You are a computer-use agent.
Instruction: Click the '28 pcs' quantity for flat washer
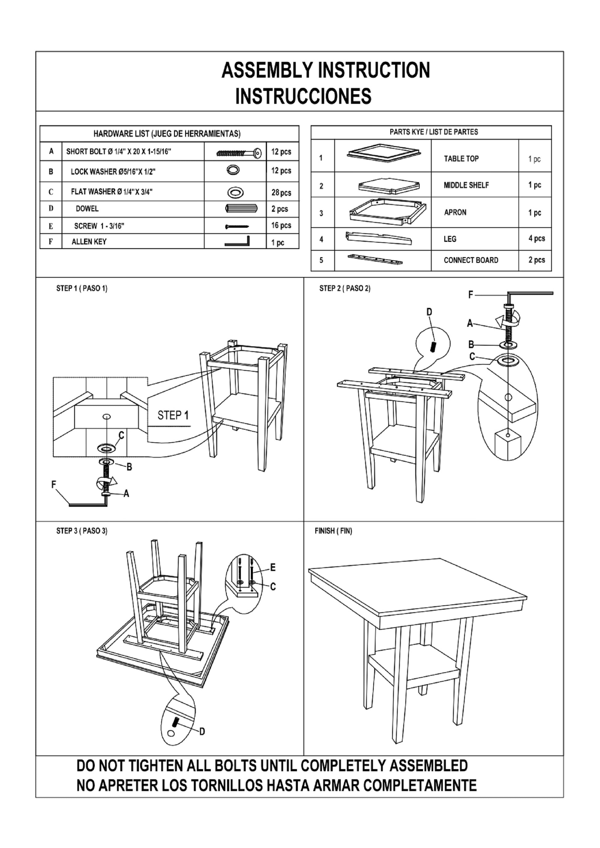pyautogui.click(x=281, y=192)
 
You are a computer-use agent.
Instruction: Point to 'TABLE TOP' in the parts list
pyautogui.click(x=461, y=159)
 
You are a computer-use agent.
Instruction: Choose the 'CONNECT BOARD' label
pyautogui.click(x=471, y=260)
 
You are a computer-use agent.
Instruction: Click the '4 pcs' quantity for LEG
pyautogui.click(x=536, y=238)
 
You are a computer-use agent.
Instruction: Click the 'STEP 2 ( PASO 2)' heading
pyautogui.click(x=344, y=289)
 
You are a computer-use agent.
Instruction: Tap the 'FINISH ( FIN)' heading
pyautogui.click(x=333, y=531)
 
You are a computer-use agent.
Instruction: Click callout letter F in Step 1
pyautogui.click(x=54, y=484)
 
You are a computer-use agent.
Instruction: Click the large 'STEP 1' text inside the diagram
pyautogui.click(x=173, y=415)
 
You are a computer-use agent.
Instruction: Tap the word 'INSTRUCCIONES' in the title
pyautogui.click(x=303, y=97)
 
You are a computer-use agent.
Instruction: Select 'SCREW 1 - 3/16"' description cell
pyautogui.click(x=99, y=226)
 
